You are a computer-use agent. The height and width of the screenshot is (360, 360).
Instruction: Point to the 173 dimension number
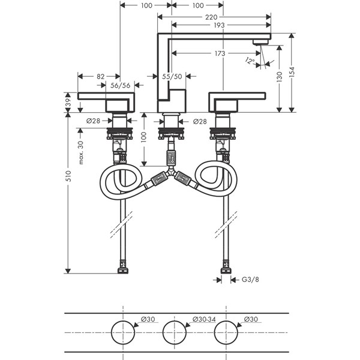pyautogui.click(x=218, y=53)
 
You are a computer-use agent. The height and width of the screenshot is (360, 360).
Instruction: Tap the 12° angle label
pyautogui.click(x=249, y=61)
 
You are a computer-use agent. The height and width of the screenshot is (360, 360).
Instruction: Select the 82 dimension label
pyautogui.click(x=100, y=76)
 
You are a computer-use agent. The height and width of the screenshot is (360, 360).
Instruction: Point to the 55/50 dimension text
pyautogui.click(x=172, y=76)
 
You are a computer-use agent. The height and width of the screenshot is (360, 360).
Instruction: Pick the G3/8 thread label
pyautogui.click(x=250, y=279)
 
